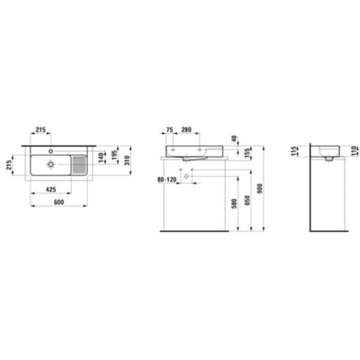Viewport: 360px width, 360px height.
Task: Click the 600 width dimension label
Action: [x=59, y=202]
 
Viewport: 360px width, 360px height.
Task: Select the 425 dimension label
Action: [x=51, y=189]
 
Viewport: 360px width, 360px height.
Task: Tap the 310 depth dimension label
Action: [x=127, y=160]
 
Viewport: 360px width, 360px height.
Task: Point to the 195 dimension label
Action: [x=114, y=155]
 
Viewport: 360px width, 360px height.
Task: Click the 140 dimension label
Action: [x=102, y=158]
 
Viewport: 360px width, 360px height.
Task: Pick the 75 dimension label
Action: [x=169, y=129]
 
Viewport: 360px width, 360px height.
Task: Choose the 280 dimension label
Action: [x=186, y=129]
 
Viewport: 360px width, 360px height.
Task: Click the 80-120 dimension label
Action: [x=167, y=180]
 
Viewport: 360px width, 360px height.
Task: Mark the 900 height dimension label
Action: [x=260, y=188]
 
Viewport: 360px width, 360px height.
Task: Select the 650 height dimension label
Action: [x=247, y=201]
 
